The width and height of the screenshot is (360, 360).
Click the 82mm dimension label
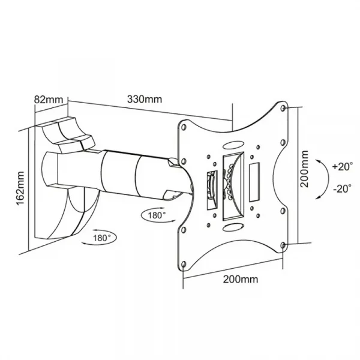pos(49,100)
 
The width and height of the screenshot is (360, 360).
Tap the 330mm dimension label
pos(145,99)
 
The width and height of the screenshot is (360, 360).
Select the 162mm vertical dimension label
pos(20,188)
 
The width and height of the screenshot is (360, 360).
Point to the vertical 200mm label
pos(304,169)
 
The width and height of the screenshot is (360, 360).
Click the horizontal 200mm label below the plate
pos(241,279)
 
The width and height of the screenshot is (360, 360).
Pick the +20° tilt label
pos(343,166)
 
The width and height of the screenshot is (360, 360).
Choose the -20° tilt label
pos(343,188)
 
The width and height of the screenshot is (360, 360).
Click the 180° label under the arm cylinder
pos(157,215)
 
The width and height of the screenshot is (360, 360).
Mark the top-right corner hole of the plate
pos(283,108)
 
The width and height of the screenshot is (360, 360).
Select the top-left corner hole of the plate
pos(184,127)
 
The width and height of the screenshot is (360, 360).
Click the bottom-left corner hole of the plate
pos(183,265)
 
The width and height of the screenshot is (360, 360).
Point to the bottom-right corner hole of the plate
pos(283,245)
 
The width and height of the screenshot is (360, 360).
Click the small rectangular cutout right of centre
pos(254,182)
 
